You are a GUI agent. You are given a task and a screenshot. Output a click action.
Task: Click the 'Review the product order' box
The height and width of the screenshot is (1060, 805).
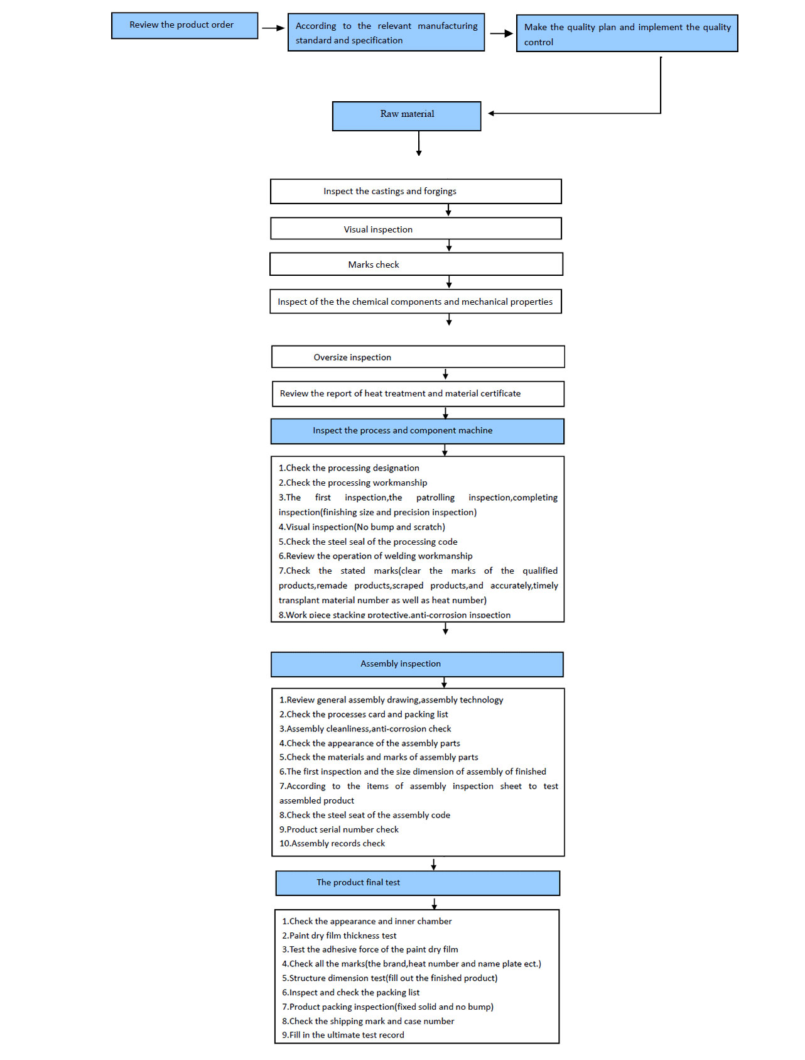[x=185, y=25]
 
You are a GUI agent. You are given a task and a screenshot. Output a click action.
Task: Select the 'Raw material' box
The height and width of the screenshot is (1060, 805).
[x=406, y=116]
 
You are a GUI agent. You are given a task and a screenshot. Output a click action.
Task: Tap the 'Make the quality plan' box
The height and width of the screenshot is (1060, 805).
[x=627, y=33]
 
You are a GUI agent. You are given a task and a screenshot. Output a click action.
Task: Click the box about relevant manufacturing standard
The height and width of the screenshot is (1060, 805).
[x=386, y=32]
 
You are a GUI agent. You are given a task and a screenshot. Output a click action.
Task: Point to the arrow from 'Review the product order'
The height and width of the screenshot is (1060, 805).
[x=273, y=28]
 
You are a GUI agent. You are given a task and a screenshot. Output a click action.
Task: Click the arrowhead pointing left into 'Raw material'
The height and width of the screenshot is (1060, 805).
[x=492, y=114]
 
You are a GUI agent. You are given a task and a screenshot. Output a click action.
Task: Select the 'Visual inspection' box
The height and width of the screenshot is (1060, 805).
[x=416, y=229]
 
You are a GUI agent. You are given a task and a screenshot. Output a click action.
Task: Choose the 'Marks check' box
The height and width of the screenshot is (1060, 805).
[x=416, y=264]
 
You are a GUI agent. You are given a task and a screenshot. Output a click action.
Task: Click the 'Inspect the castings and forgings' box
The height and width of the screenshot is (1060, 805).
[x=416, y=192]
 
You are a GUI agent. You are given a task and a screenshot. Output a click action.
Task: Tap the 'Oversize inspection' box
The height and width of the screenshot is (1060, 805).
[x=418, y=357]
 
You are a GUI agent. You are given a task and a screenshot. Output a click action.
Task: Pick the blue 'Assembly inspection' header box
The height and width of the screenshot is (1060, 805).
[x=417, y=664]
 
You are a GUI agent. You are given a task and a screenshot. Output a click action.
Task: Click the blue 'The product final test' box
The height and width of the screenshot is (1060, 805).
[x=418, y=883]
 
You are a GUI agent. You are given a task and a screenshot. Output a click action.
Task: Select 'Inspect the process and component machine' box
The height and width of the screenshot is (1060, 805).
[x=418, y=431]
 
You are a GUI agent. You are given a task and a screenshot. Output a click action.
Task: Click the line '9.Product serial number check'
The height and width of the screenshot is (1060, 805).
[x=339, y=829]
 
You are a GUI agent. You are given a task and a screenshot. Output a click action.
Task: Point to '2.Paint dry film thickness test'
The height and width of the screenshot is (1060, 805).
[x=339, y=936]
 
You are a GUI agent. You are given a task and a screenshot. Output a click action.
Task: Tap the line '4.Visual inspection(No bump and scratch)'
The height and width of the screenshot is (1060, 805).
[x=362, y=527]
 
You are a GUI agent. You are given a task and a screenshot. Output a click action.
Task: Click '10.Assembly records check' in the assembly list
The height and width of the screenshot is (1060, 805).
[x=332, y=844]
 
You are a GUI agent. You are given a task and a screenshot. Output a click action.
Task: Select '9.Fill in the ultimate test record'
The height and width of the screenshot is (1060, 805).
[x=343, y=1035]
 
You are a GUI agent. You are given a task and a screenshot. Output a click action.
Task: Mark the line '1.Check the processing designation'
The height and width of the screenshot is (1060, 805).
[x=349, y=468]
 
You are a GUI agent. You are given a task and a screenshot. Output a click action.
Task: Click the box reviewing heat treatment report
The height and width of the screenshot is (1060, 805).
[x=418, y=394]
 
